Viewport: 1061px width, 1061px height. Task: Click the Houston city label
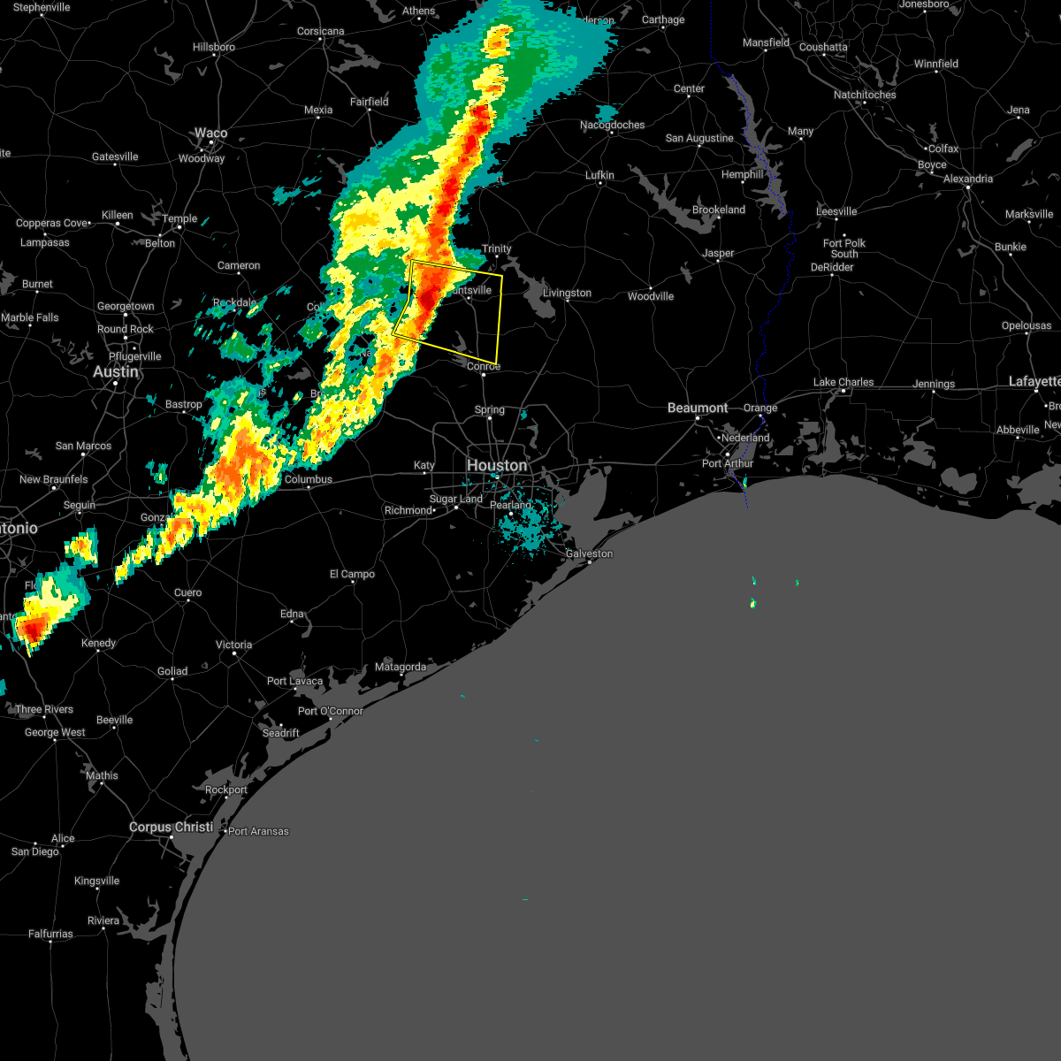[496, 465]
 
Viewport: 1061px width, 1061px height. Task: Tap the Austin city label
[116, 372]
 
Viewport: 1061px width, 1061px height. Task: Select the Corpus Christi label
[171, 827]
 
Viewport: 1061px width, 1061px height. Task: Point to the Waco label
[210, 134]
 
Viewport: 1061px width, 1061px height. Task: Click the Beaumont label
[698, 408]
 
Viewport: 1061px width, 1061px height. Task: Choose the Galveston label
[589, 553]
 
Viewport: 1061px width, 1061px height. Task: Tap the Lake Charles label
[843, 382]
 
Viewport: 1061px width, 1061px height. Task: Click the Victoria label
[234, 645]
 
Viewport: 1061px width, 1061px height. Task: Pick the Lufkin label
[599, 175]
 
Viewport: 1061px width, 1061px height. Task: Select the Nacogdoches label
[613, 125]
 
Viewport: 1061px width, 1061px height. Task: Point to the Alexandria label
[968, 179]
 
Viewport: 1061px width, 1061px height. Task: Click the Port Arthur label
[728, 463]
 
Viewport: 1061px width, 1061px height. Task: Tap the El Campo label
[352, 574]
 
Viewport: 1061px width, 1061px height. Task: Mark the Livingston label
[567, 293]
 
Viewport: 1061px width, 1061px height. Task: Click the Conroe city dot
[484, 375]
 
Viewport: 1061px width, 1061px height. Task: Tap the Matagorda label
[401, 667]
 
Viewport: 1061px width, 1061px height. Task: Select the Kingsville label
[96, 881]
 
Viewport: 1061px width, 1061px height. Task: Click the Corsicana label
[320, 31]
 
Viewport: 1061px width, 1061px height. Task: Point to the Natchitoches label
[865, 95]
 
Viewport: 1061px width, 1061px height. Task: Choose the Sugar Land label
[456, 499]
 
